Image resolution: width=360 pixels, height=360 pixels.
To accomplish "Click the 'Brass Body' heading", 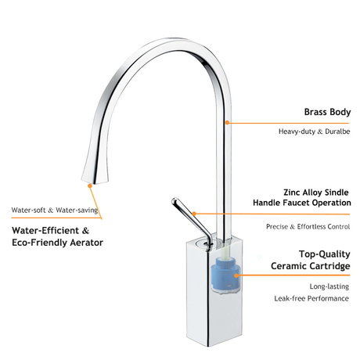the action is [x=327, y=112].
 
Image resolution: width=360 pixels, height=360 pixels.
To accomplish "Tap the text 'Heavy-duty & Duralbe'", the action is [x=314, y=131].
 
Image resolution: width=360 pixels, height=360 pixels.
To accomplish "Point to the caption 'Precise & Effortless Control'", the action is [x=308, y=226].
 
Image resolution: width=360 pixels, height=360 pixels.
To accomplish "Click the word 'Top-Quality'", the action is [x=325, y=254].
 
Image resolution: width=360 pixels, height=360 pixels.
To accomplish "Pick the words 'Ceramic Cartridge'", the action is [x=311, y=266].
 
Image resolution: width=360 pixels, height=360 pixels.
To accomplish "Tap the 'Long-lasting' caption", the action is [x=329, y=286].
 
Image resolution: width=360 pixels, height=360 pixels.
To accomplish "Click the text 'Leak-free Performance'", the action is [x=311, y=298].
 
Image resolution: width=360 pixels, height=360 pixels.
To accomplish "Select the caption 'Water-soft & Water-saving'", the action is [x=55, y=211].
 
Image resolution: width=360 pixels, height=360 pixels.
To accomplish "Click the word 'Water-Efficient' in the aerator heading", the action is [x=45, y=231].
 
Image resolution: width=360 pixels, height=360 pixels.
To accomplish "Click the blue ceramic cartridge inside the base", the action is [x=226, y=275].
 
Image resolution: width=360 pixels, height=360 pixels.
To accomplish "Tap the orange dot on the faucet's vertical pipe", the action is [x=227, y=122].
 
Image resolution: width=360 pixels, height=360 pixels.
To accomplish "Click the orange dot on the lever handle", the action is [x=194, y=214].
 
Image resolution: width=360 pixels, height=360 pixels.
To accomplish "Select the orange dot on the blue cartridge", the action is [x=236, y=275].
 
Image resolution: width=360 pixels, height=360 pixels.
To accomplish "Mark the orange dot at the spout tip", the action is [x=90, y=185].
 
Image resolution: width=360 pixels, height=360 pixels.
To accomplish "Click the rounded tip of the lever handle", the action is [x=175, y=201].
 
